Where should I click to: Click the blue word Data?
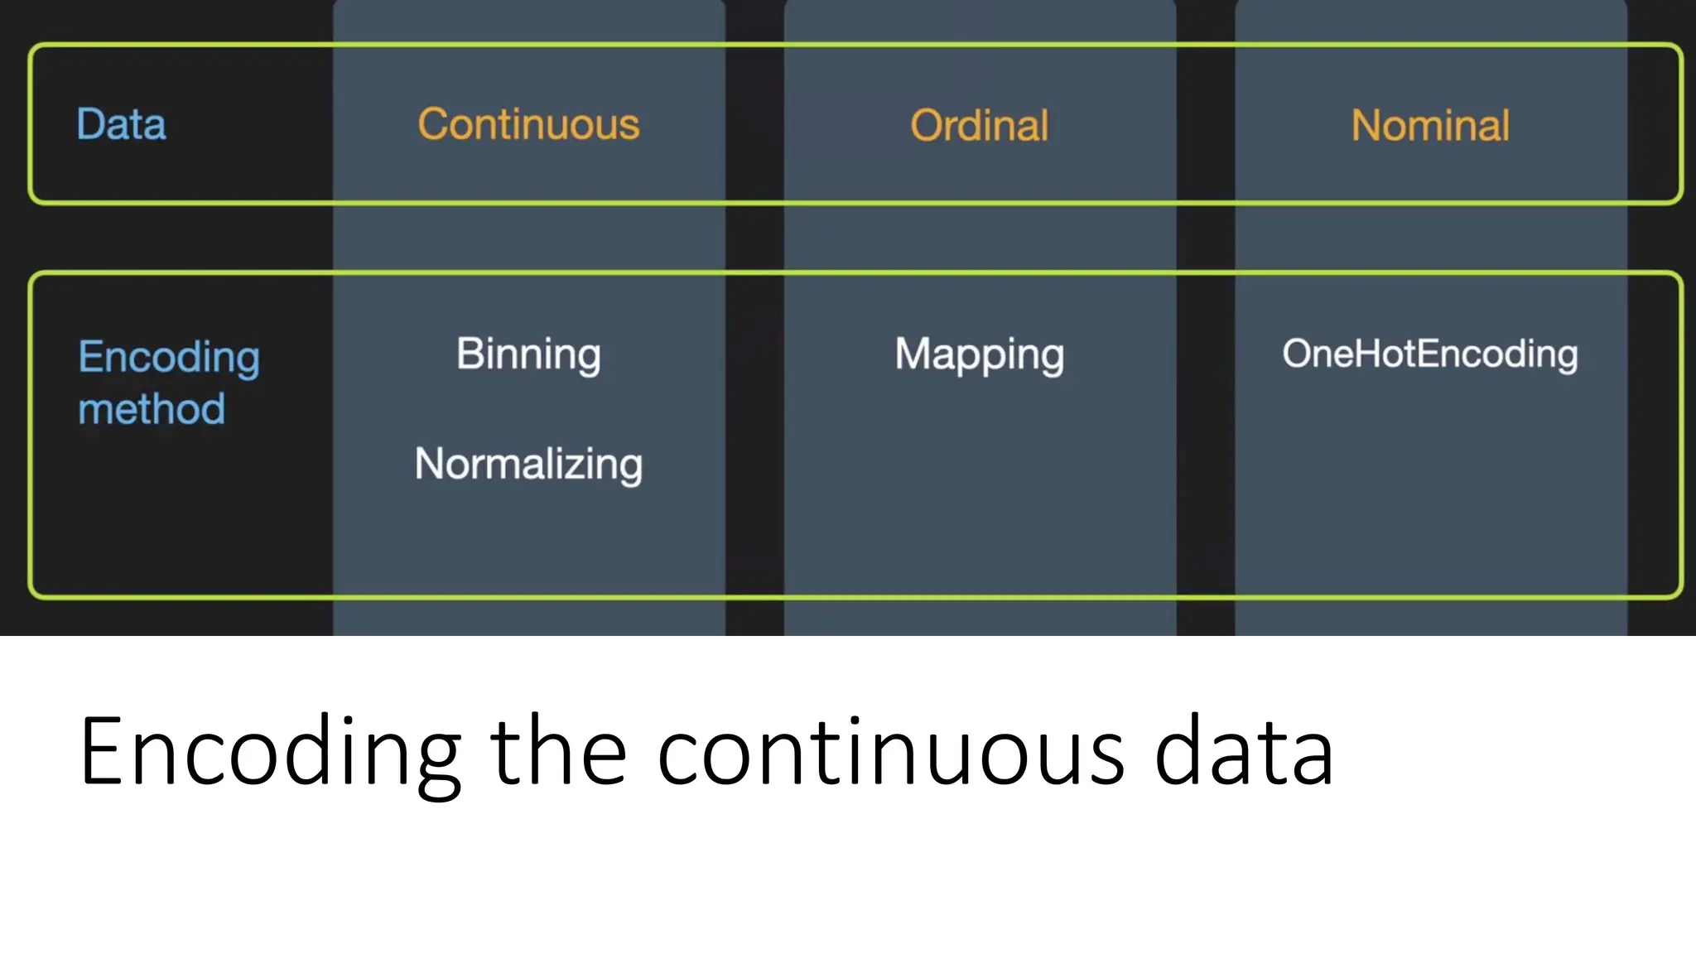coord(121,124)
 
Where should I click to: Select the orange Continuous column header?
coord(528,124)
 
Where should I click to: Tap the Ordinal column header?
coord(979,126)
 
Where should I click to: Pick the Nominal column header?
coord(1430,126)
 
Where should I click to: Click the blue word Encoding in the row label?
coord(169,359)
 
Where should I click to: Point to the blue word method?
coord(152,409)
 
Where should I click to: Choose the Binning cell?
coord(528,354)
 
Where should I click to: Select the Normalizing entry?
coord(528,464)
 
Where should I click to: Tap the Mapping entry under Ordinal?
coord(979,355)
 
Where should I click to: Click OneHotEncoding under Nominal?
coord(1430,354)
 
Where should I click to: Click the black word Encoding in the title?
coord(270,752)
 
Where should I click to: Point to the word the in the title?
coord(558,752)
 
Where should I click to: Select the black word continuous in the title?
coord(891,752)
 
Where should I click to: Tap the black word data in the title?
coord(1244,752)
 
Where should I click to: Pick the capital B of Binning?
coord(470,354)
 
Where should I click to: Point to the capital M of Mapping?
coord(914,354)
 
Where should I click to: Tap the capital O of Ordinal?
coord(927,126)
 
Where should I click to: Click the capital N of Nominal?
coord(1366,126)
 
